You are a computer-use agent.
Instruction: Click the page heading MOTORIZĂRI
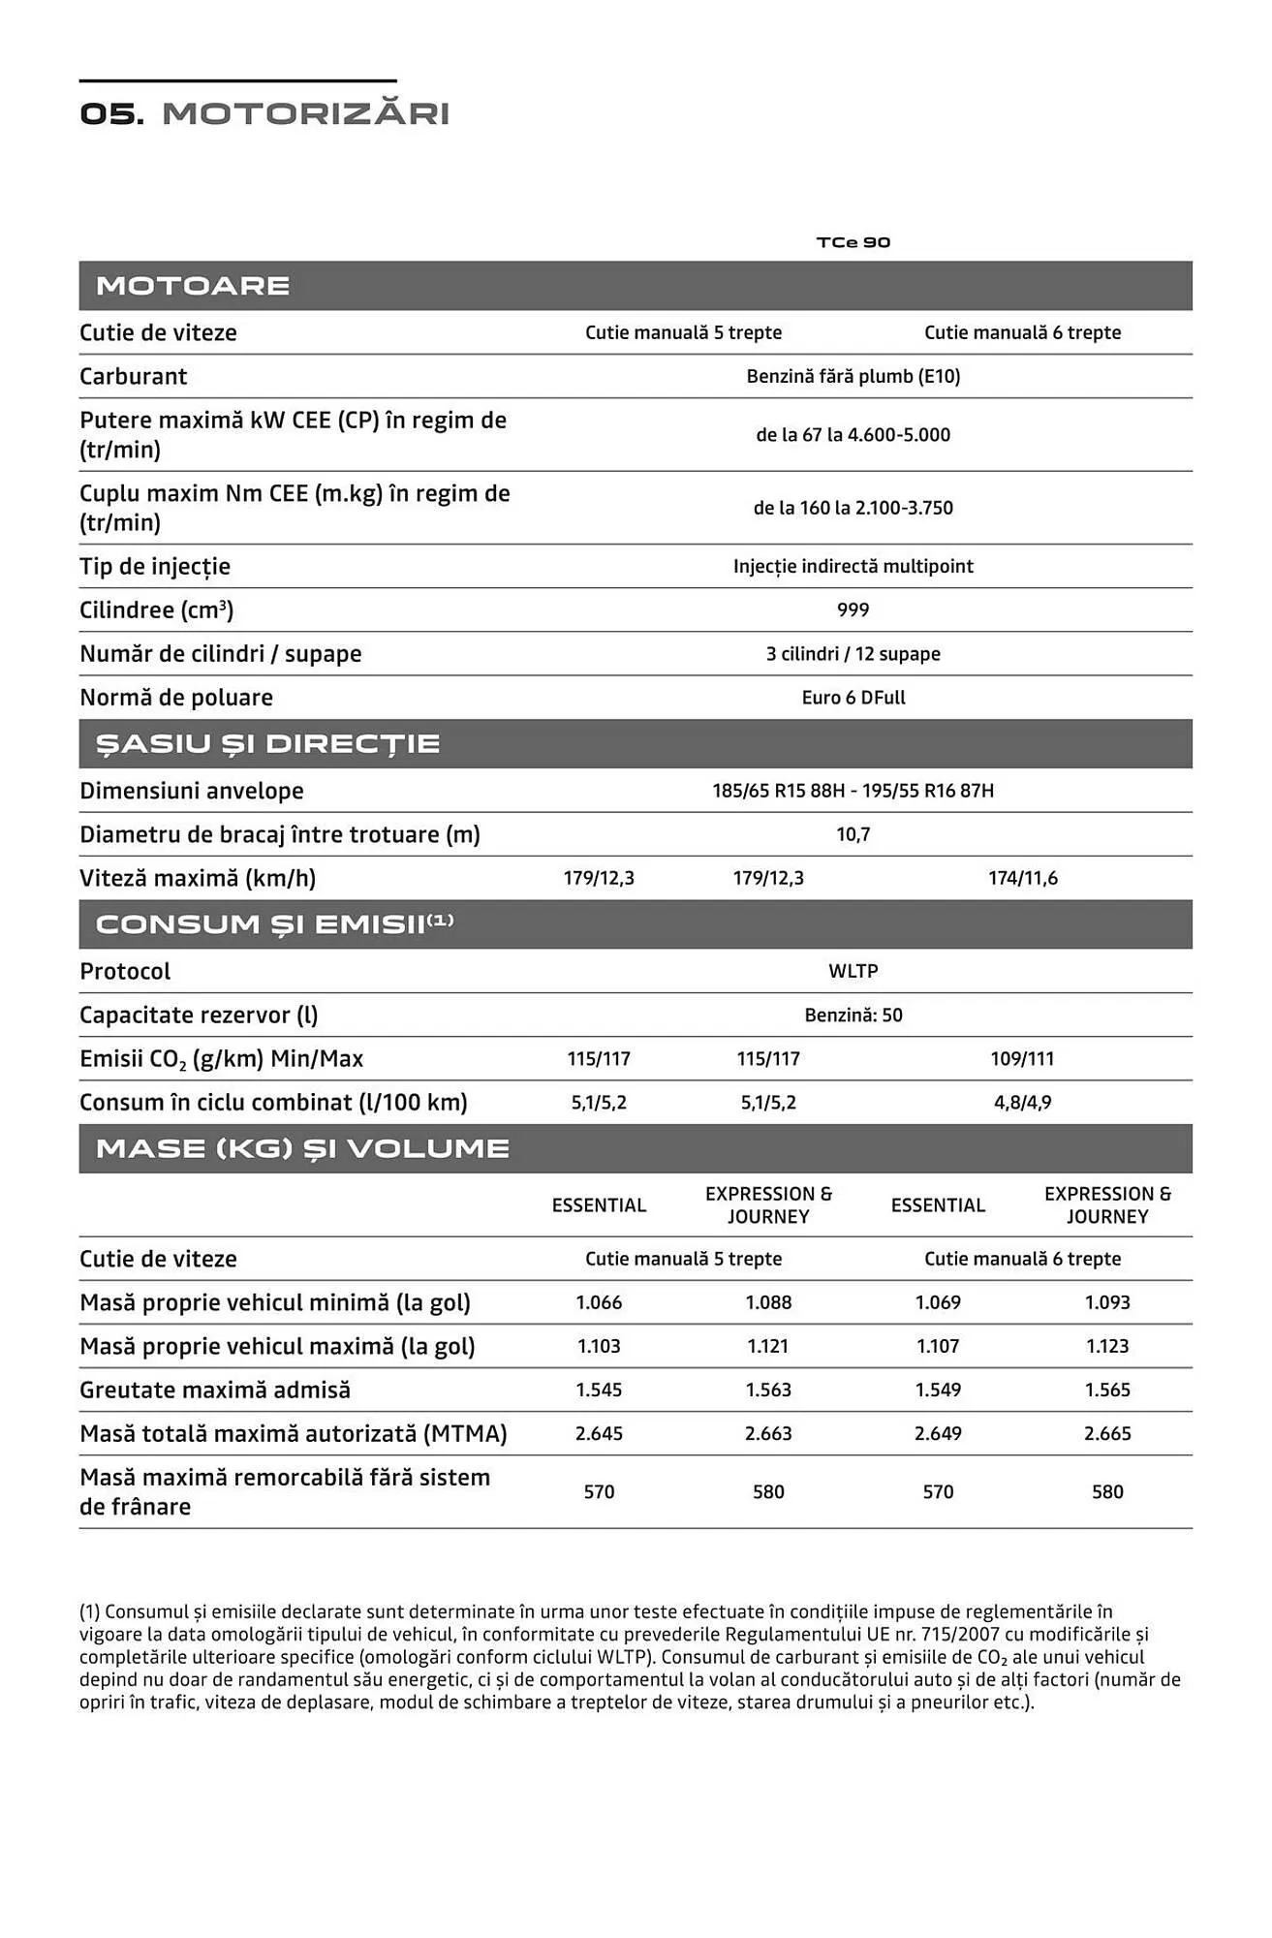click(x=305, y=114)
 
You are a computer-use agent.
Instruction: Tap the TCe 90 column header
click(x=853, y=242)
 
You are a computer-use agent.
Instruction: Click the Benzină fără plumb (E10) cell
click(x=853, y=376)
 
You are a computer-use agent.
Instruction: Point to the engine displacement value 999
click(x=853, y=610)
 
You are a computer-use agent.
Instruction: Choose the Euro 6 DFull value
click(x=853, y=698)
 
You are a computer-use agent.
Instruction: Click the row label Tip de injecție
click(x=155, y=567)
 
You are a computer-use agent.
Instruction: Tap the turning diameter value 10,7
click(x=853, y=834)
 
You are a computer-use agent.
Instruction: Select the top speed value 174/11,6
click(x=1022, y=879)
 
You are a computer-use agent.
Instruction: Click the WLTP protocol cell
click(x=853, y=971)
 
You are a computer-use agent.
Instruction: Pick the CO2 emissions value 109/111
click(x=1022, y=1059)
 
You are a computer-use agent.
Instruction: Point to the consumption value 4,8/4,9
click(x=1022, y=1103)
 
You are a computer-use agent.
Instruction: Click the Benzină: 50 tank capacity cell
click(x=853, y=1016)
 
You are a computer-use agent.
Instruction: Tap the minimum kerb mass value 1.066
click(x=599, y=1302)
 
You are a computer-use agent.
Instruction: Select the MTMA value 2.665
click(x=1107, y=1433)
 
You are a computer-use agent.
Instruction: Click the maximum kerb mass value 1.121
click(x=768, y=1346)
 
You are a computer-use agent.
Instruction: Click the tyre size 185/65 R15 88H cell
click(x=853, y=791)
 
